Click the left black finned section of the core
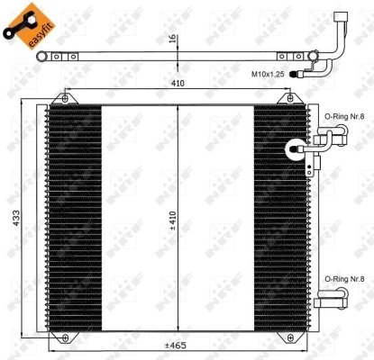coord(73,216)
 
